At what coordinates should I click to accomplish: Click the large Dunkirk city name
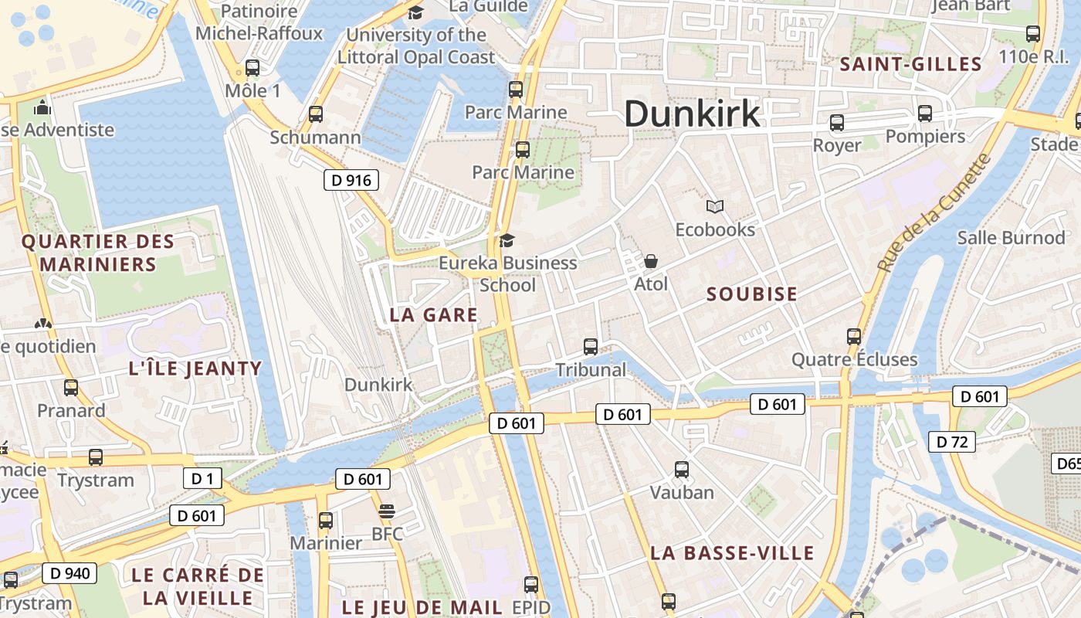coord(692,114)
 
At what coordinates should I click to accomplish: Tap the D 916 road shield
coord(351,181)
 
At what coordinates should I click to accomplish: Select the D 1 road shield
coord(202,478)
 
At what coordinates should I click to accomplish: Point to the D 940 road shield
coord(69,572)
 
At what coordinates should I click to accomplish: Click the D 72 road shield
coord(951,442)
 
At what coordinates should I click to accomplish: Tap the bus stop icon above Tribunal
coord(591,347)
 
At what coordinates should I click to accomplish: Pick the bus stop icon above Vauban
coord(682,469)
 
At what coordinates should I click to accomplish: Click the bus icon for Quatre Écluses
coord(854,336)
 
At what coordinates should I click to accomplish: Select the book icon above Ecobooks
coord(715,206)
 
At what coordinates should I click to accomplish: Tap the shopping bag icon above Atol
coord(651,261)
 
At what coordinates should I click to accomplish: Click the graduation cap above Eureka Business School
coord(507,240)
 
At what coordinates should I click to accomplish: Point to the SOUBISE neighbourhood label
coord(751,294)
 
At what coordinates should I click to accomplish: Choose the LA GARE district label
coord(433,315)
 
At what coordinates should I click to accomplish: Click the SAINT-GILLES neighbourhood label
coord(910,64)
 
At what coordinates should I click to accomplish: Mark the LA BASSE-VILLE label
coord(732,553)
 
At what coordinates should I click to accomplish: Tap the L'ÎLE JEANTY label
coord(195,368)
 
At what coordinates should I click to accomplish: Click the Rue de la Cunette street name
coord(934,212)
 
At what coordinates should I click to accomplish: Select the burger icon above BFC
coord(387,511)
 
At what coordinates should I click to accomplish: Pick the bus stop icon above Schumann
coord(315,114)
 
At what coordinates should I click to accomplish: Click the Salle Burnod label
coord(1011,237)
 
